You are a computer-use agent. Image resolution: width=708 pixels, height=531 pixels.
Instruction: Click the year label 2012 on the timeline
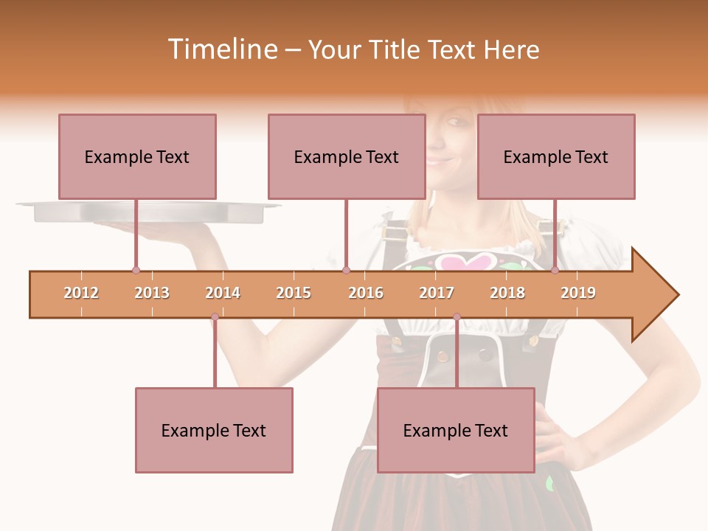click(81, 293)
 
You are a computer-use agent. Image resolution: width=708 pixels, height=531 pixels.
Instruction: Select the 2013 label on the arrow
click(152, 293)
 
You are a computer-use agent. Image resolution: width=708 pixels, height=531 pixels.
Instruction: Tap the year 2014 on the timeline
click(223, 293)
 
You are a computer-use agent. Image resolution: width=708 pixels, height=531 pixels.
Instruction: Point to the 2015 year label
click(294, 293)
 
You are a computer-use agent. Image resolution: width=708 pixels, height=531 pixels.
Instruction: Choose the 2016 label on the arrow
click(366, 293)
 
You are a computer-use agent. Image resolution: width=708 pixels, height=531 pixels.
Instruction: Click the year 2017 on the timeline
click(437, 293)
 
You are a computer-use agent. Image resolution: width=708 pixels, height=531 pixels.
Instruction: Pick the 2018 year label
click(507, 293)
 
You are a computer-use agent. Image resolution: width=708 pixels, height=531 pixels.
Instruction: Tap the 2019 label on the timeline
click(578, 293)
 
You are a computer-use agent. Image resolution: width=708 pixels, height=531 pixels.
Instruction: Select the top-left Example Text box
click(137, 156)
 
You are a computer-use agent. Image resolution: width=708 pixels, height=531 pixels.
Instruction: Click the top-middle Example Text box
click(347, 156)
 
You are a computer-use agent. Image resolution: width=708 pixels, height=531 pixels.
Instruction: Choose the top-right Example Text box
click(556, 156)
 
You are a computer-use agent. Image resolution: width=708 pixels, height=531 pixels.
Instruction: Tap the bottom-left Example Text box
click(214, 430)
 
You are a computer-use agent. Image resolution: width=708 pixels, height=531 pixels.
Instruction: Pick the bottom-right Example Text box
click(456, 430)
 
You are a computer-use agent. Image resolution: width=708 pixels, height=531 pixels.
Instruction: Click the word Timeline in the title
click(221, 49)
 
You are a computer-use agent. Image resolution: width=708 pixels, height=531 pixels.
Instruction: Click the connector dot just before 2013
click(136, 270)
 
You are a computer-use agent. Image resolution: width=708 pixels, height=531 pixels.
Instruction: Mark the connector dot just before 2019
click(555, 270)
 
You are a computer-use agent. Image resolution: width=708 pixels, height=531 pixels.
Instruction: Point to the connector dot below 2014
click(215, 317)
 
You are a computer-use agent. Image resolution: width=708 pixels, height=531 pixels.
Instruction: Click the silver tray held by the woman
click(147, 212)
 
